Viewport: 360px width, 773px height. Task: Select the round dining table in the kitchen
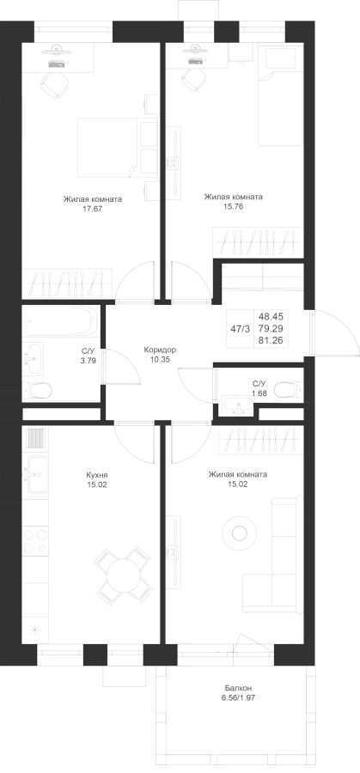[124, 574]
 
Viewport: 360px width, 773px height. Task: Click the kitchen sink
[36, 474]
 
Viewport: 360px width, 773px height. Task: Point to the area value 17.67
[92, 209]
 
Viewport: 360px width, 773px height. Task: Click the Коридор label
[159, 350]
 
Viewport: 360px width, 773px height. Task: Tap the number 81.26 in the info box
[271, 340]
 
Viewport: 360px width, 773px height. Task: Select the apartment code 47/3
[241, 328]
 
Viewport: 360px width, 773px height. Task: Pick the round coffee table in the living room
[240, 533]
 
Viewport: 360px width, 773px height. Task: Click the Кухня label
[96, 475]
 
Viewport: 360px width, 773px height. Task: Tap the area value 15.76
[233, 206]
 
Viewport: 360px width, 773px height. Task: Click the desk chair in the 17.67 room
[54, 84]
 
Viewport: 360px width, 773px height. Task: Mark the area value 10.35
[159, 359]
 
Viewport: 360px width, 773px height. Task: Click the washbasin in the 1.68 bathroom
[237, 405]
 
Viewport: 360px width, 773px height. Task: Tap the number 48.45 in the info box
[271, 316]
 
